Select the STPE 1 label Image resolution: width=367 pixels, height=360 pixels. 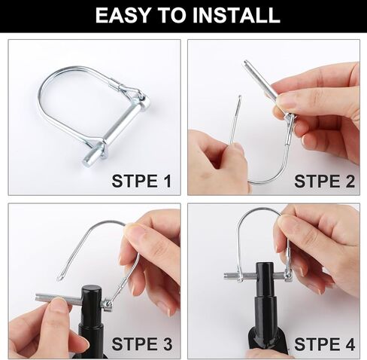click(141, 181)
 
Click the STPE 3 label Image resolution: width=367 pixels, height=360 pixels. click(141, 344)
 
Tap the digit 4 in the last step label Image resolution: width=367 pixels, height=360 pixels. click(348, 344)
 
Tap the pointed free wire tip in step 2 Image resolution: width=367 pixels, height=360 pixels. click(238, 101)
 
